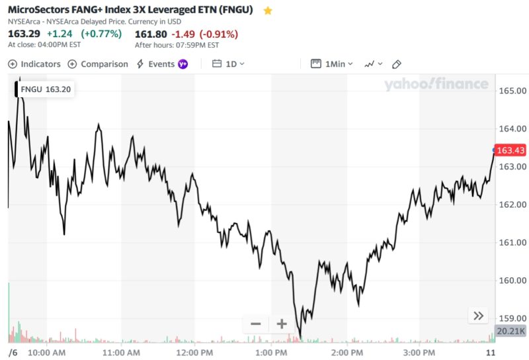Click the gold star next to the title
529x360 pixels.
point(268,11)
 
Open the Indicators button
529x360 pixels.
point(34,64)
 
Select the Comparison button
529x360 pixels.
point(99,64)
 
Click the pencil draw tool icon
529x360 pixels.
point(397,64)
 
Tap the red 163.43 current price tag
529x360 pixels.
point(510,150)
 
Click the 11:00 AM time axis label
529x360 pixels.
point(122,351)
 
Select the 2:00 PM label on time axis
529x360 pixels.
point(348,351)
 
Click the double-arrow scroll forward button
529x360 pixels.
point(479,316)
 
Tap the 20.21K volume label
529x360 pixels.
point(510,331)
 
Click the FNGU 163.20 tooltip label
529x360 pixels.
point(46,89)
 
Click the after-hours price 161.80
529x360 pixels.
point(151,34)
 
